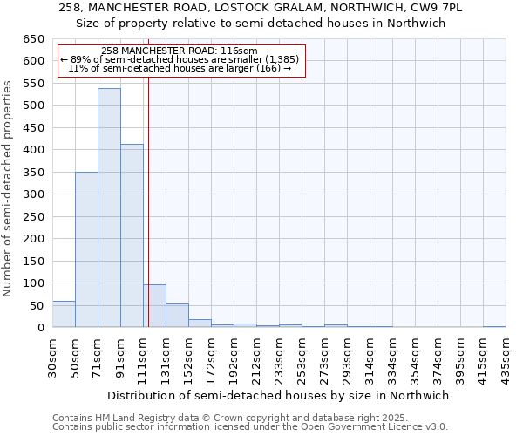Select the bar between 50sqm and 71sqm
pos(86,249)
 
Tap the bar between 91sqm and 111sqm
pos(132,235)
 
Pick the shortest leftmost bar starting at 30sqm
pos(64,314)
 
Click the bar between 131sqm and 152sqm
pos(177,316)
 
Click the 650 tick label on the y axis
pos(32,39)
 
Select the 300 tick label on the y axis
pos(32,194)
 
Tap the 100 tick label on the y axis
pos(32,283)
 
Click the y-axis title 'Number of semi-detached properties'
pos(9,188)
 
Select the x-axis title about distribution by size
pos(278,395)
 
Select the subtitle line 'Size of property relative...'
pos(261,24)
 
